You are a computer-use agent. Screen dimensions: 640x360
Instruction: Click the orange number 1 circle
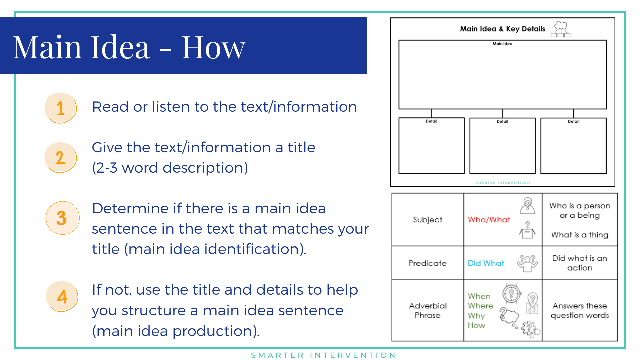click(61, 108)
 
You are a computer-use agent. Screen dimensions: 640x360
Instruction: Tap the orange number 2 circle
click(61, 158)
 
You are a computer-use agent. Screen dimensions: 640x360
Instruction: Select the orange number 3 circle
click(62, 218)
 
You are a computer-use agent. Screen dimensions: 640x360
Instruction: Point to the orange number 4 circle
click(62, 296)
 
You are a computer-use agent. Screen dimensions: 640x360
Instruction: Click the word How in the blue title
click(213, 47)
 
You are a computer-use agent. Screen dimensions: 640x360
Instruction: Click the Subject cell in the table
click(428, 220)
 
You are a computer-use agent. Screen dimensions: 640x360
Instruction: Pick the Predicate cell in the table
click(428, 263)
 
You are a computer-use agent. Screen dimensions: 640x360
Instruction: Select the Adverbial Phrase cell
click(428, 310)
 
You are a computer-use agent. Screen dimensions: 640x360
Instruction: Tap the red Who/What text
click(489, 220)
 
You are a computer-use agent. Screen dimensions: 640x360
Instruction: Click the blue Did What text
click(486, 263)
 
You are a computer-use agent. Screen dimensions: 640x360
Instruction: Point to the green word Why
click(476, 316)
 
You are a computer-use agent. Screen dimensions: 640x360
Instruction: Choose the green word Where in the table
click(480, 306)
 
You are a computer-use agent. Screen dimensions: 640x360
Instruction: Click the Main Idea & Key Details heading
click(503, 29)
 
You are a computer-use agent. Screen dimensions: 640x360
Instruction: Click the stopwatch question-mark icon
click(511, 294)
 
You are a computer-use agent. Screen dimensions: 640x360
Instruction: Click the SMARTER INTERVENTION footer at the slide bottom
click(323, 355)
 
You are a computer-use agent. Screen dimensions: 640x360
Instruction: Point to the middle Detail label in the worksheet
click(502, 121)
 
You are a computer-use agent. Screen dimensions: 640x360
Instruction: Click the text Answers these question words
click(580, 310)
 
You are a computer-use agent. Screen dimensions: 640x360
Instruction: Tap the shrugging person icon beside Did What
click(527, 263)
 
